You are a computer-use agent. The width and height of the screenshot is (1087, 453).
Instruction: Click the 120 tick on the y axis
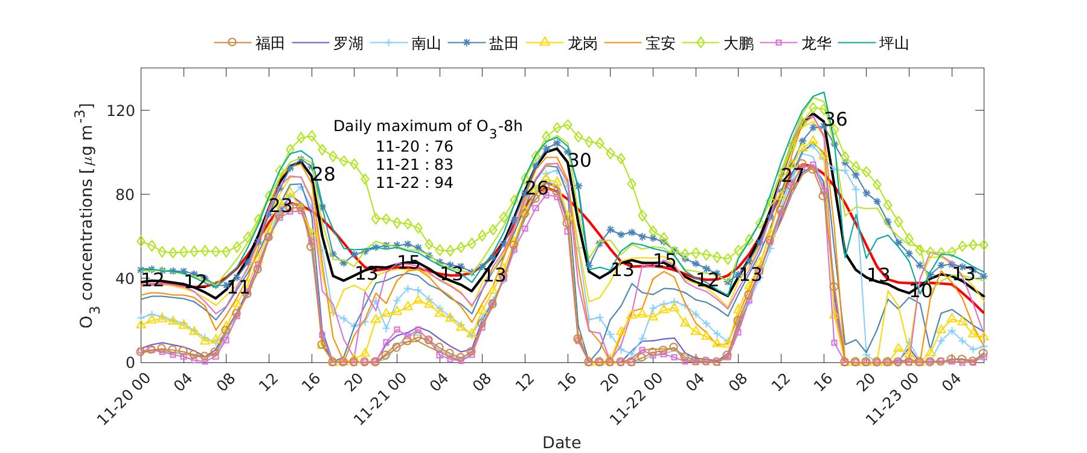[121, 111]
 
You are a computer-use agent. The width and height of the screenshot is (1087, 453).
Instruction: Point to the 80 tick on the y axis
[126, 194]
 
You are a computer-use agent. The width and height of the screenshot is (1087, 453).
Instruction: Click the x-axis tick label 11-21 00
[380, 399]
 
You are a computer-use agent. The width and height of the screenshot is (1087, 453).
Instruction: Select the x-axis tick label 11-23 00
[893, 399]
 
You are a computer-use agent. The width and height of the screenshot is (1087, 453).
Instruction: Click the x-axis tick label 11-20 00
[124, 399]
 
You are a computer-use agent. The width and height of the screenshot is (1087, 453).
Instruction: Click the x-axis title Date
[562, 443]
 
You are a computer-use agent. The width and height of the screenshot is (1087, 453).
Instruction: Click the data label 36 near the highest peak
[836, 120]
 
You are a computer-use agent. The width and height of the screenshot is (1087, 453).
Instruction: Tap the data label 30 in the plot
[580, 160]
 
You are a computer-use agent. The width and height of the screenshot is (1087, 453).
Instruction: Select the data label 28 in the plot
[324, 175]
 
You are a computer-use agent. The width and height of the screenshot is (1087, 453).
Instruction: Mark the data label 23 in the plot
[281, 205]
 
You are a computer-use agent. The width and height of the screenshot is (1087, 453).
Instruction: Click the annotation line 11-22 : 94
[414, 183]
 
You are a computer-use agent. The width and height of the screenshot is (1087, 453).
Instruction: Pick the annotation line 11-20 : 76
[414, 147]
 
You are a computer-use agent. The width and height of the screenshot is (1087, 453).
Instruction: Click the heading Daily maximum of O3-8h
[428, 127]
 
